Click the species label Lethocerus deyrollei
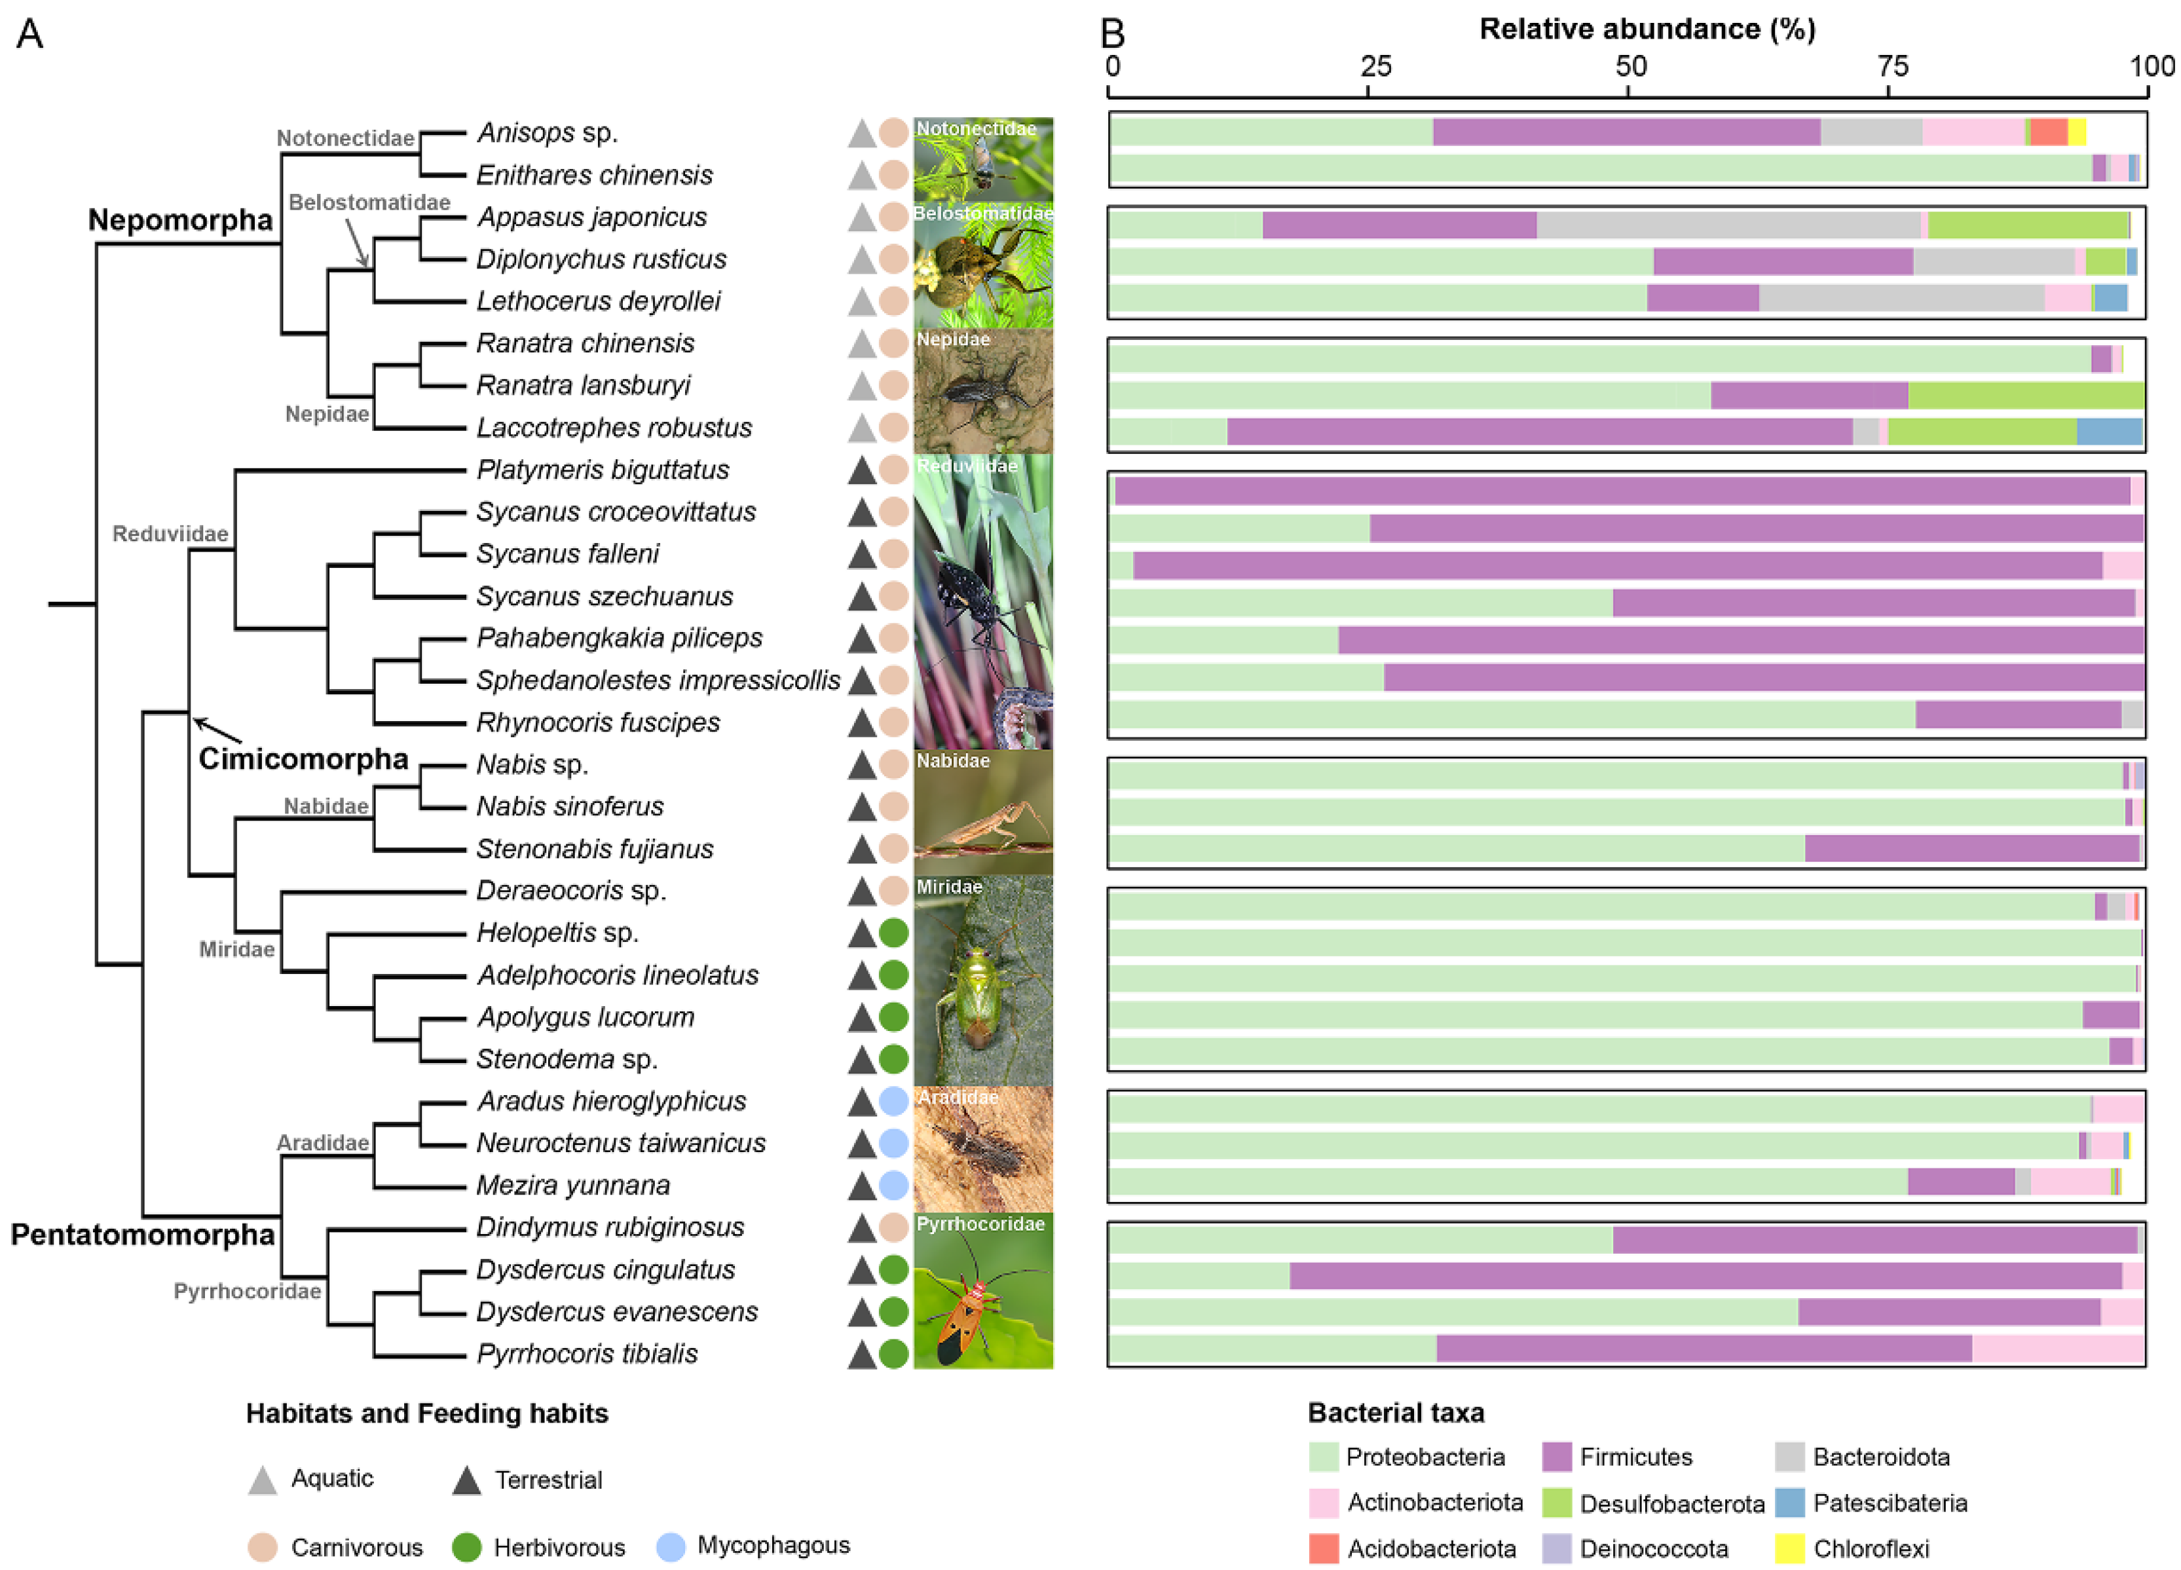598,301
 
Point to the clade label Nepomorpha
180,220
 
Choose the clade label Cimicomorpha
303,758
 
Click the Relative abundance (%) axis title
1647,29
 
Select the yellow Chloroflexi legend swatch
1789,1549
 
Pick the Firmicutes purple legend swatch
1556,1457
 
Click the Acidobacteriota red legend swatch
1323,1549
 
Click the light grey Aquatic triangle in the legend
263,1480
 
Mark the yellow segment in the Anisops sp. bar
2076,132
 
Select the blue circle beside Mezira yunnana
893,1186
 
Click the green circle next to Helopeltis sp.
893,933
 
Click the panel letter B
1113,33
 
